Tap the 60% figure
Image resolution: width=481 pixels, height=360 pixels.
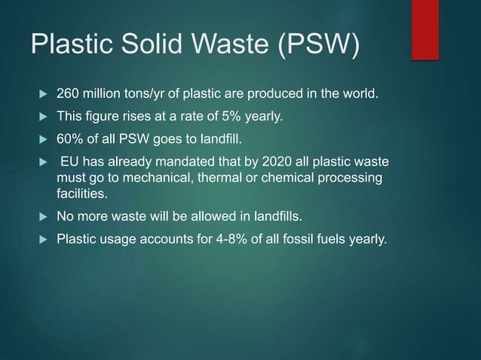71,139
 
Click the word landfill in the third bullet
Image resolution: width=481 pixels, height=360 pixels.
213,139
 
